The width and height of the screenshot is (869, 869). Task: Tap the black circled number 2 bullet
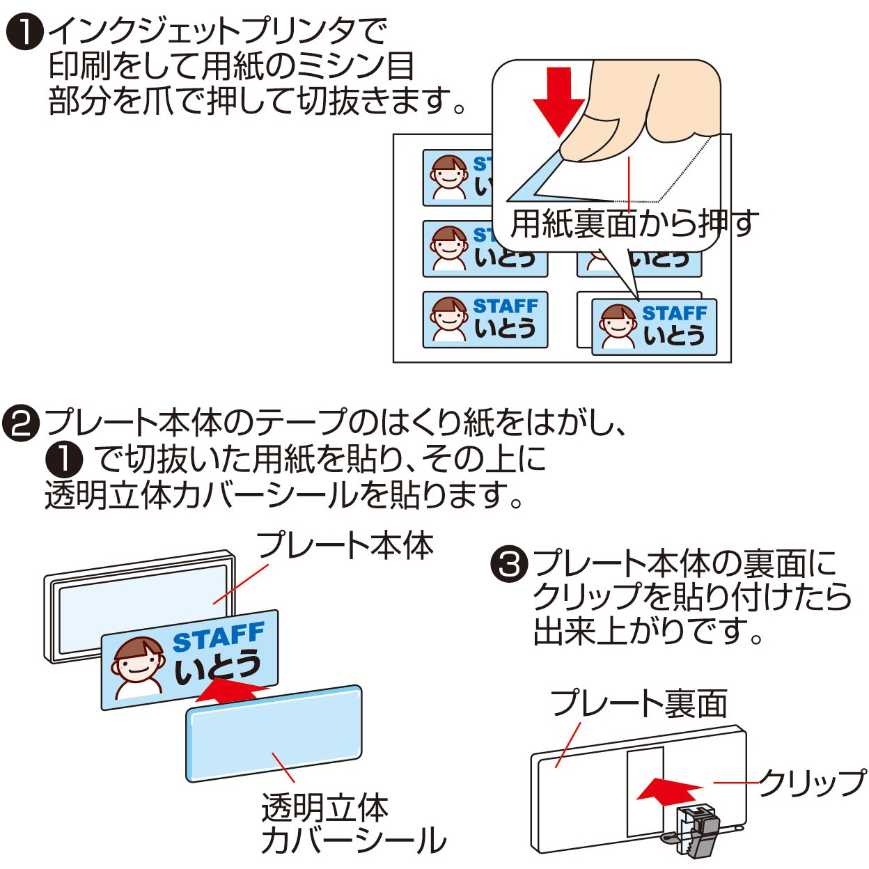[x=21, y=423]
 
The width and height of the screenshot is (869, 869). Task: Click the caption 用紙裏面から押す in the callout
[x=634, y=224]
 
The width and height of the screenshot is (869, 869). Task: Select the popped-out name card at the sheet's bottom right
[x=654, y=327]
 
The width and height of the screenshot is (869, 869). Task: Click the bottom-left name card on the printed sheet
[x=485, y=320]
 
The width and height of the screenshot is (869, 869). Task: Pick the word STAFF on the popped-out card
[x=673, y=313]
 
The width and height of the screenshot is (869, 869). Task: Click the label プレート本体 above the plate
[x=345, y=545]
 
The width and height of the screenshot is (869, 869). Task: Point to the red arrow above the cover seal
[x=230, y=691]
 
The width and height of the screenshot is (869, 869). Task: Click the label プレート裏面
[x=639, y=703]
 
